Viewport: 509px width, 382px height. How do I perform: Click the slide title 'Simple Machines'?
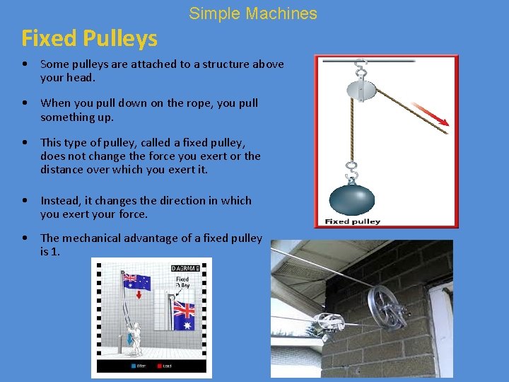253,13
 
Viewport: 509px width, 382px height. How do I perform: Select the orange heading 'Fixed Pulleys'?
89,38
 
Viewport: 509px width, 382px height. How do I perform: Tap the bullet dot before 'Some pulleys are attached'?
25,64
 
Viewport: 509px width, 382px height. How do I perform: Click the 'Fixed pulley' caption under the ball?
353,221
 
